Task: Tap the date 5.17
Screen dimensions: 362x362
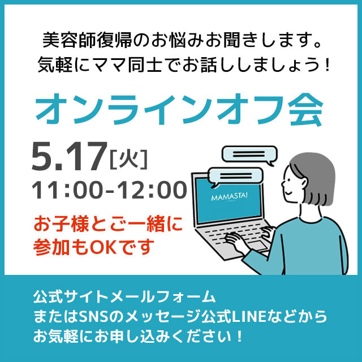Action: click(69, 157)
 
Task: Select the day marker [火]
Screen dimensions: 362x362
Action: click(128, 159)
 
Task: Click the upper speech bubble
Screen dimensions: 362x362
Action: click(249, 155)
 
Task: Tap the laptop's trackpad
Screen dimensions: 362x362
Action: click(257, 245)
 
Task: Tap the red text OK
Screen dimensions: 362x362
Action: click(103, 247)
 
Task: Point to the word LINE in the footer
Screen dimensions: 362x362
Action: click(249, 317)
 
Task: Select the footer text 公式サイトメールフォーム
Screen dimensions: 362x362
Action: click(124, 296)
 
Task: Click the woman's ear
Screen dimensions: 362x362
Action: click(304, 182)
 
